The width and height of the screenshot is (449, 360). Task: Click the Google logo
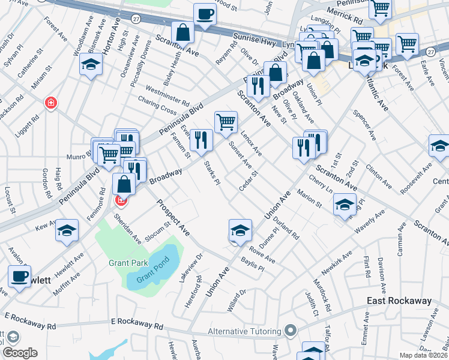(20, 353)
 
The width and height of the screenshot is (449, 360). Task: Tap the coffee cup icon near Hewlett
(19, 277)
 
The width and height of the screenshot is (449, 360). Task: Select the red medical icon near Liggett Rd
(52, 103)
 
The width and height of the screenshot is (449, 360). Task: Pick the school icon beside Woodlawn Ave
(90, 64)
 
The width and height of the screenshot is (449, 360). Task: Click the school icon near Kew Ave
(67, 230)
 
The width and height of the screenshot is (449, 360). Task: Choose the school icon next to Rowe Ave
(240, 230)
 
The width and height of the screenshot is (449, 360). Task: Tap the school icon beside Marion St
(344, 205)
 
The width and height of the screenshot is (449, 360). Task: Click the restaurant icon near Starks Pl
(201, 140)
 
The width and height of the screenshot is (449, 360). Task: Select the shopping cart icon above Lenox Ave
(226, 122)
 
